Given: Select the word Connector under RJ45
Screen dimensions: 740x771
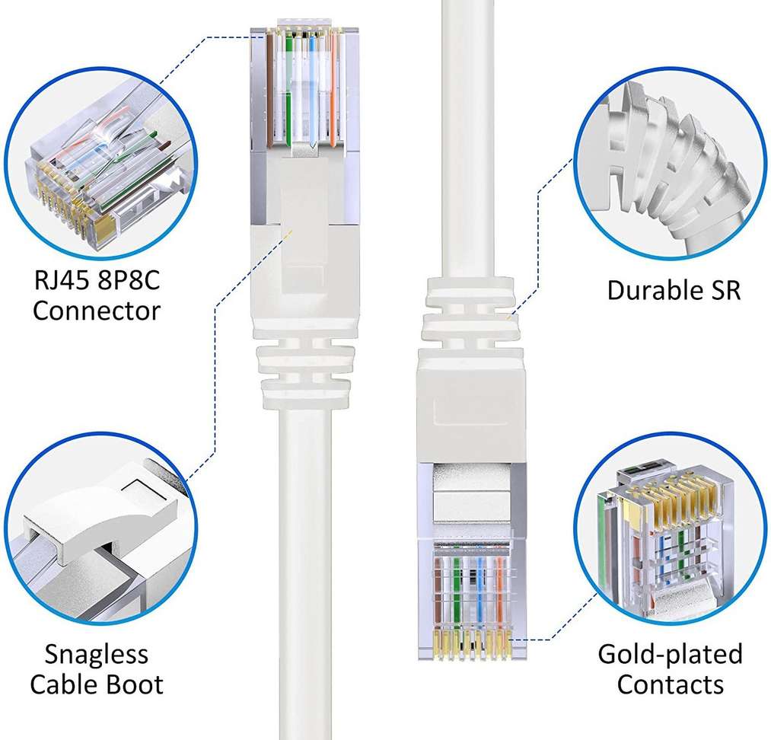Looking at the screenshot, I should coord(97,311).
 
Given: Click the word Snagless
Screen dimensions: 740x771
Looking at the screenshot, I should coord(96,653).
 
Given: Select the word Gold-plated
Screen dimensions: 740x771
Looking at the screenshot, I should coord(670,653).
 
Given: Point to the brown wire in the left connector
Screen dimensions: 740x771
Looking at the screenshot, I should coord(270,84).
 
